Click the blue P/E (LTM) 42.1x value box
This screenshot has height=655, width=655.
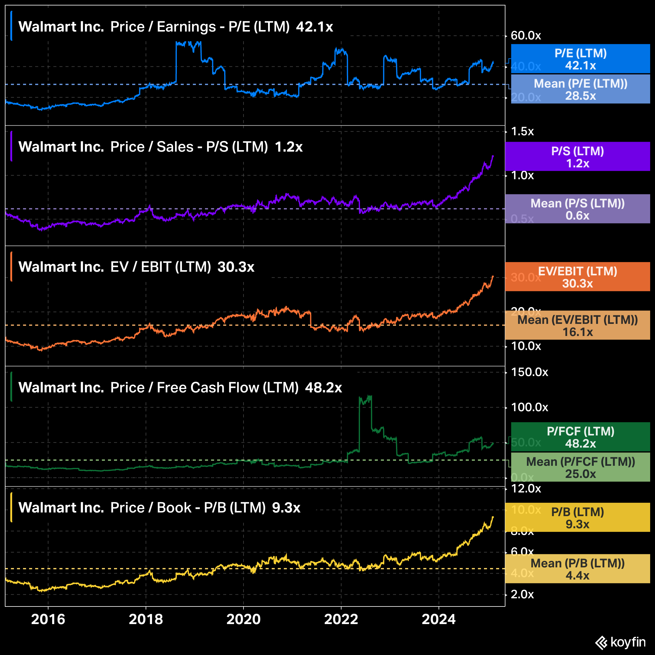click(x=580, y=59)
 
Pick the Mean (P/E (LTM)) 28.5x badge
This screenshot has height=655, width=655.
click(x=580, y=89)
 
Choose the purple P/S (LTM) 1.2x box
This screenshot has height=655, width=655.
click(x=577, y=157)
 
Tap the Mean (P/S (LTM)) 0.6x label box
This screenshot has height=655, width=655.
click(x=577, y=209)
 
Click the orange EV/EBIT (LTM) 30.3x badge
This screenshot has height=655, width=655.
click(x=577, y=277)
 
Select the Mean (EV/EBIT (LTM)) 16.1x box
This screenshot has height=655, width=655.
click(x=577, y=325)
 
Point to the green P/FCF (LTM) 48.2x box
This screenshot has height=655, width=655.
click(x=580, y=437)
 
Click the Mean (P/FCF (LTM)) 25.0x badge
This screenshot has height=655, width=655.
click(x=580, y=467)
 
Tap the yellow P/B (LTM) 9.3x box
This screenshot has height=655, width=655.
click(x=577, y=517)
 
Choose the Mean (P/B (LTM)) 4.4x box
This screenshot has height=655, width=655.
click(x=577, y=569)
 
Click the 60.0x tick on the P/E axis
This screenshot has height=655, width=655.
click(x=526, y=35)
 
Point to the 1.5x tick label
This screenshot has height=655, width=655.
click(x=522, y=131)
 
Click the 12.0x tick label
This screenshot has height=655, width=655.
click(x=526, y=488)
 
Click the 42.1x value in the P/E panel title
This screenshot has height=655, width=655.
click(x=314, y=27)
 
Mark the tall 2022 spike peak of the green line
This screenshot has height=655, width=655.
click(x=370, y=396)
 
